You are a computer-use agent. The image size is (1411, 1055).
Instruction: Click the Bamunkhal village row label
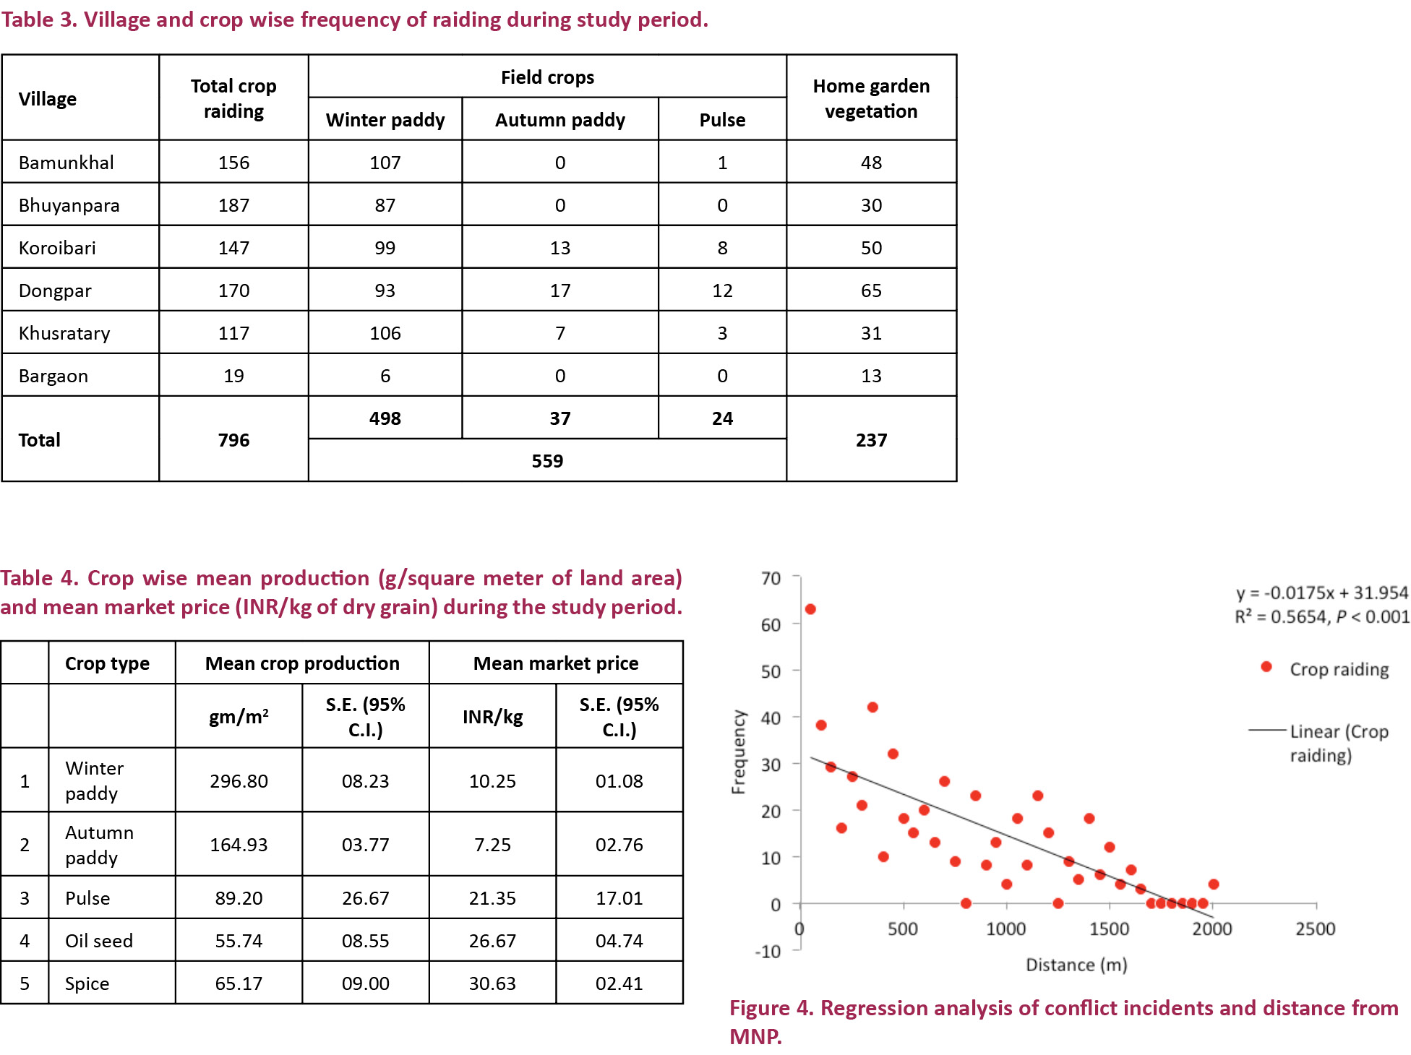click(x=67, y=163)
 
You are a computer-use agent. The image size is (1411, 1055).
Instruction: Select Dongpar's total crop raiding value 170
click(x=233, y=290)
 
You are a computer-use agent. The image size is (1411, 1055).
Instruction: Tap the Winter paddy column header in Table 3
click(x=385, y=120)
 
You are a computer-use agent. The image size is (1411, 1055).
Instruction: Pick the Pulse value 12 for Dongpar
click(x=722, y=290)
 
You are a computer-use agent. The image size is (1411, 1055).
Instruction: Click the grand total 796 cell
click(x=233, y=440)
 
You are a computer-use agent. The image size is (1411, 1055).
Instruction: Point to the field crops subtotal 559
click(x=547, y=461)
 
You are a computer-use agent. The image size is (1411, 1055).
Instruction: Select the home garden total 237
click(x=871, y=440)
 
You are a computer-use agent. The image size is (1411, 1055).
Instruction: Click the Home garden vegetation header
click(x=871, y=98)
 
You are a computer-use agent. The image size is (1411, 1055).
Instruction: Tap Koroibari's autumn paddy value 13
click(x=560, y=248)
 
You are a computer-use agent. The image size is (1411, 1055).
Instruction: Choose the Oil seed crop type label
click(x=99, y=941)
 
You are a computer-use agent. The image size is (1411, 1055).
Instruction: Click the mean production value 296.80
click(x=239, y=781)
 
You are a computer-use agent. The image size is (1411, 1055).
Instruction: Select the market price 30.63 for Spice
click(x=492, y=983)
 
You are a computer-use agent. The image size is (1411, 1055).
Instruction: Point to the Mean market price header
click(x=556, y=663)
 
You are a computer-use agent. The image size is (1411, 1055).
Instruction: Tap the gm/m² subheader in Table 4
click(x=239, y=717)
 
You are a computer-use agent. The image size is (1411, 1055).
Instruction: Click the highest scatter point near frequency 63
click(x=810, y=609)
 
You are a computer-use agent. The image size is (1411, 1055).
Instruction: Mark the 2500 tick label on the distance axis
click(x=1315, y=929)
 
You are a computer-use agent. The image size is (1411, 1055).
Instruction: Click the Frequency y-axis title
click(x=738, y=752)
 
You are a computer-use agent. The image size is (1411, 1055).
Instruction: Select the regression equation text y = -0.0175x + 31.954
click(x=1321, y=593)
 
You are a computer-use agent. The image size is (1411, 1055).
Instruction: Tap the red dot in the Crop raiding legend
click(x=1266, y=667)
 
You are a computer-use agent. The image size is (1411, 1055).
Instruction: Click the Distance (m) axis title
click(x=1076, y=965)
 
